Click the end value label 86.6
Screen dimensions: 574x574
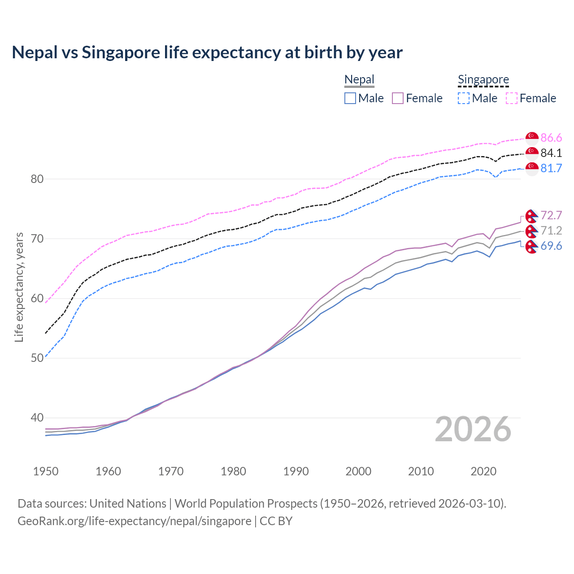(x=551, y=138)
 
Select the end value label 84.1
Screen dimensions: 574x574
(x=551, y=153)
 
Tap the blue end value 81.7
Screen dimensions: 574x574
(x=551, y=168)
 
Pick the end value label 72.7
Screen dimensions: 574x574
(x=551, y=215)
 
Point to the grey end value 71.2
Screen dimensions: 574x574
(x=551, y=230)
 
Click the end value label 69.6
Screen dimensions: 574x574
(x=551, y=246)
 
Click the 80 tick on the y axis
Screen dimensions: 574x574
(x=37, y=179)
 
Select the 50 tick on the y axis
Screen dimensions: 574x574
(x=37, y=358)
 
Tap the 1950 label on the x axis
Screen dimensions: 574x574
(x=46, y=471)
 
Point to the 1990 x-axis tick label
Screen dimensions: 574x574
(x=296, y=471)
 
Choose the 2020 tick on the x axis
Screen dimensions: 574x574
(x=483, y=471)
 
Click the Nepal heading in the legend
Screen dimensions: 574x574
(x=359, y=80)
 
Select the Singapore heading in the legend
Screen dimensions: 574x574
(x=483, y=80)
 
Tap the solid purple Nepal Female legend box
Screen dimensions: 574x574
(x=398, y=98)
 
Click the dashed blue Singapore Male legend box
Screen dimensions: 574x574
(x=464, y=98)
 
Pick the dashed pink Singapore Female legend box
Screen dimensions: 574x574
(x=512, y=98)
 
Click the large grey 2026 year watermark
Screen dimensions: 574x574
(x=473, y=429)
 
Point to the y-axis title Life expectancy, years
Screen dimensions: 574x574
(x=19, y=287)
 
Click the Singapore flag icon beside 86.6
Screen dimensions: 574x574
(x=532, y=138)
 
